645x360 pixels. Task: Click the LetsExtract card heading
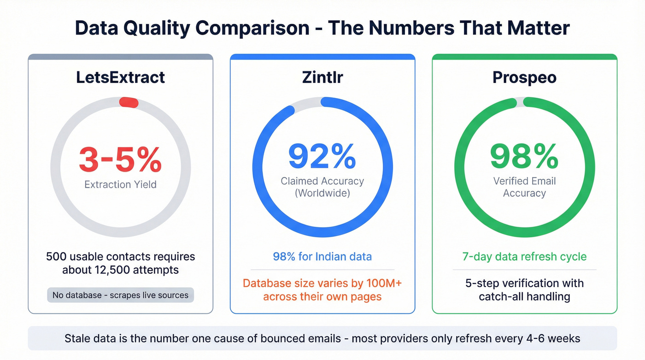click(120, 77)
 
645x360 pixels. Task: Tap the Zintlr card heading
click(322, 77)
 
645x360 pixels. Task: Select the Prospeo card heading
click(524, 77)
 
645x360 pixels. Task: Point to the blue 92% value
click(322, 156)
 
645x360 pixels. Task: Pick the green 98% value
click(524, 156)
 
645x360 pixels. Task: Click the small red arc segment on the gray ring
click(129, 102)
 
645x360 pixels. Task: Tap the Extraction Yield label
click(120, 185)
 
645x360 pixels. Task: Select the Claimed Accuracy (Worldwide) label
click(322, 187)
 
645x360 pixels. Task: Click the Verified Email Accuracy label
click(524, 187)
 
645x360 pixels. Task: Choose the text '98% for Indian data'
click(322, 256)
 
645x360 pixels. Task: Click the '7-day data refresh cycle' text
click(524, 256)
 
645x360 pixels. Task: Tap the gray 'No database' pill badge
click(120, 295)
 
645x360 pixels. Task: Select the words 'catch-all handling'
click(524, 296)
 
